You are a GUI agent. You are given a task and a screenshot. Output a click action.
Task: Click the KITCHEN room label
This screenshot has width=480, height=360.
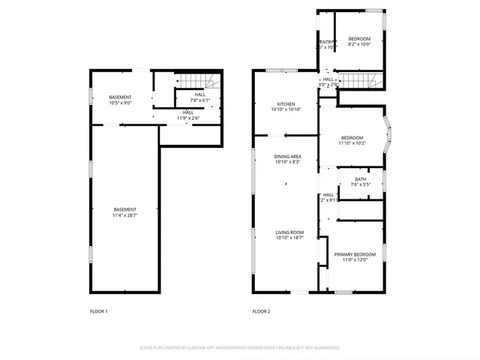[285, 104]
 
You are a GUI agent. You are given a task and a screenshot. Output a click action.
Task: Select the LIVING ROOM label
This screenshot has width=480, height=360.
[289, 232]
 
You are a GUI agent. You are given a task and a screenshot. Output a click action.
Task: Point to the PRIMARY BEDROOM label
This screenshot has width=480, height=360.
[355, 254]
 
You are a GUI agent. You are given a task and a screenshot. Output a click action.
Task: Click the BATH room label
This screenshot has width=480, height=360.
[360, 179]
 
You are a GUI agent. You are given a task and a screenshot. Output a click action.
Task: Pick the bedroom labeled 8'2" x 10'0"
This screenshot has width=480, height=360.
[359, 39]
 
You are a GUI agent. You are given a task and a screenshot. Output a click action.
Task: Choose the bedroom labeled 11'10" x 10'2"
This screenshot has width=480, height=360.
[352, 138]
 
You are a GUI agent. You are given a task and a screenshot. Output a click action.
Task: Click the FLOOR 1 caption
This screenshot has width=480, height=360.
[98, 310]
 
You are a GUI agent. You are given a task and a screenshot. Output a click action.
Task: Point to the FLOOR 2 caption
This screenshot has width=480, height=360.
[261, 310]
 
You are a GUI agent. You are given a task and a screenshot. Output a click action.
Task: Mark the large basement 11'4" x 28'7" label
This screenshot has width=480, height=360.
[125, 209]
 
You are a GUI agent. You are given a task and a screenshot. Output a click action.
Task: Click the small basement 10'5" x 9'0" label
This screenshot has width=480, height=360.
[120, 97]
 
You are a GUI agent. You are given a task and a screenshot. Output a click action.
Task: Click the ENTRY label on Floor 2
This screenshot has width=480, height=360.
[327, 42]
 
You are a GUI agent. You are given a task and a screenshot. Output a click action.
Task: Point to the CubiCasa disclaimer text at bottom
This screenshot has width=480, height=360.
[240, 348]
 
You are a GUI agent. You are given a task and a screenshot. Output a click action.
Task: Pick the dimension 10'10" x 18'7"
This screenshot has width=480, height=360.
[289, 237]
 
